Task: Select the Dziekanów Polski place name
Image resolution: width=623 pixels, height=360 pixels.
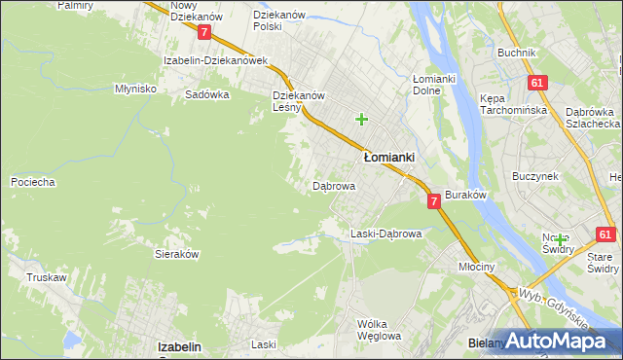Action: (x=280, y=21)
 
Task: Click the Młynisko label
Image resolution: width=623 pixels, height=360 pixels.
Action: (x=136, y=88)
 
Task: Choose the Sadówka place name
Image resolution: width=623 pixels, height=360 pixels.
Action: (x=206, y=95)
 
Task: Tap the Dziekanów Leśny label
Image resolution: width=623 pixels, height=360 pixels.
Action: (x=298, y=102)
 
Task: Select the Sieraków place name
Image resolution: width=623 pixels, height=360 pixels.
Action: (x=177, y=253)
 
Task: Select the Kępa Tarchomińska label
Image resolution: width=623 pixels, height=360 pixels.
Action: (x=508, y=105)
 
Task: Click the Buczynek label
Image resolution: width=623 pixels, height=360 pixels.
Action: (x=534, y=176)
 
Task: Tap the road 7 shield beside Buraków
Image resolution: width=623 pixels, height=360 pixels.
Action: (x=433, y=200)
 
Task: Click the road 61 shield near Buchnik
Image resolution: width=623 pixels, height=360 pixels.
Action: (x=536, y=84)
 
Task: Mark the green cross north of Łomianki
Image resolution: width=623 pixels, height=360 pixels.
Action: (x=361, y=120)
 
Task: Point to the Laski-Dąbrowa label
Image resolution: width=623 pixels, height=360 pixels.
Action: (x=385, y=234)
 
